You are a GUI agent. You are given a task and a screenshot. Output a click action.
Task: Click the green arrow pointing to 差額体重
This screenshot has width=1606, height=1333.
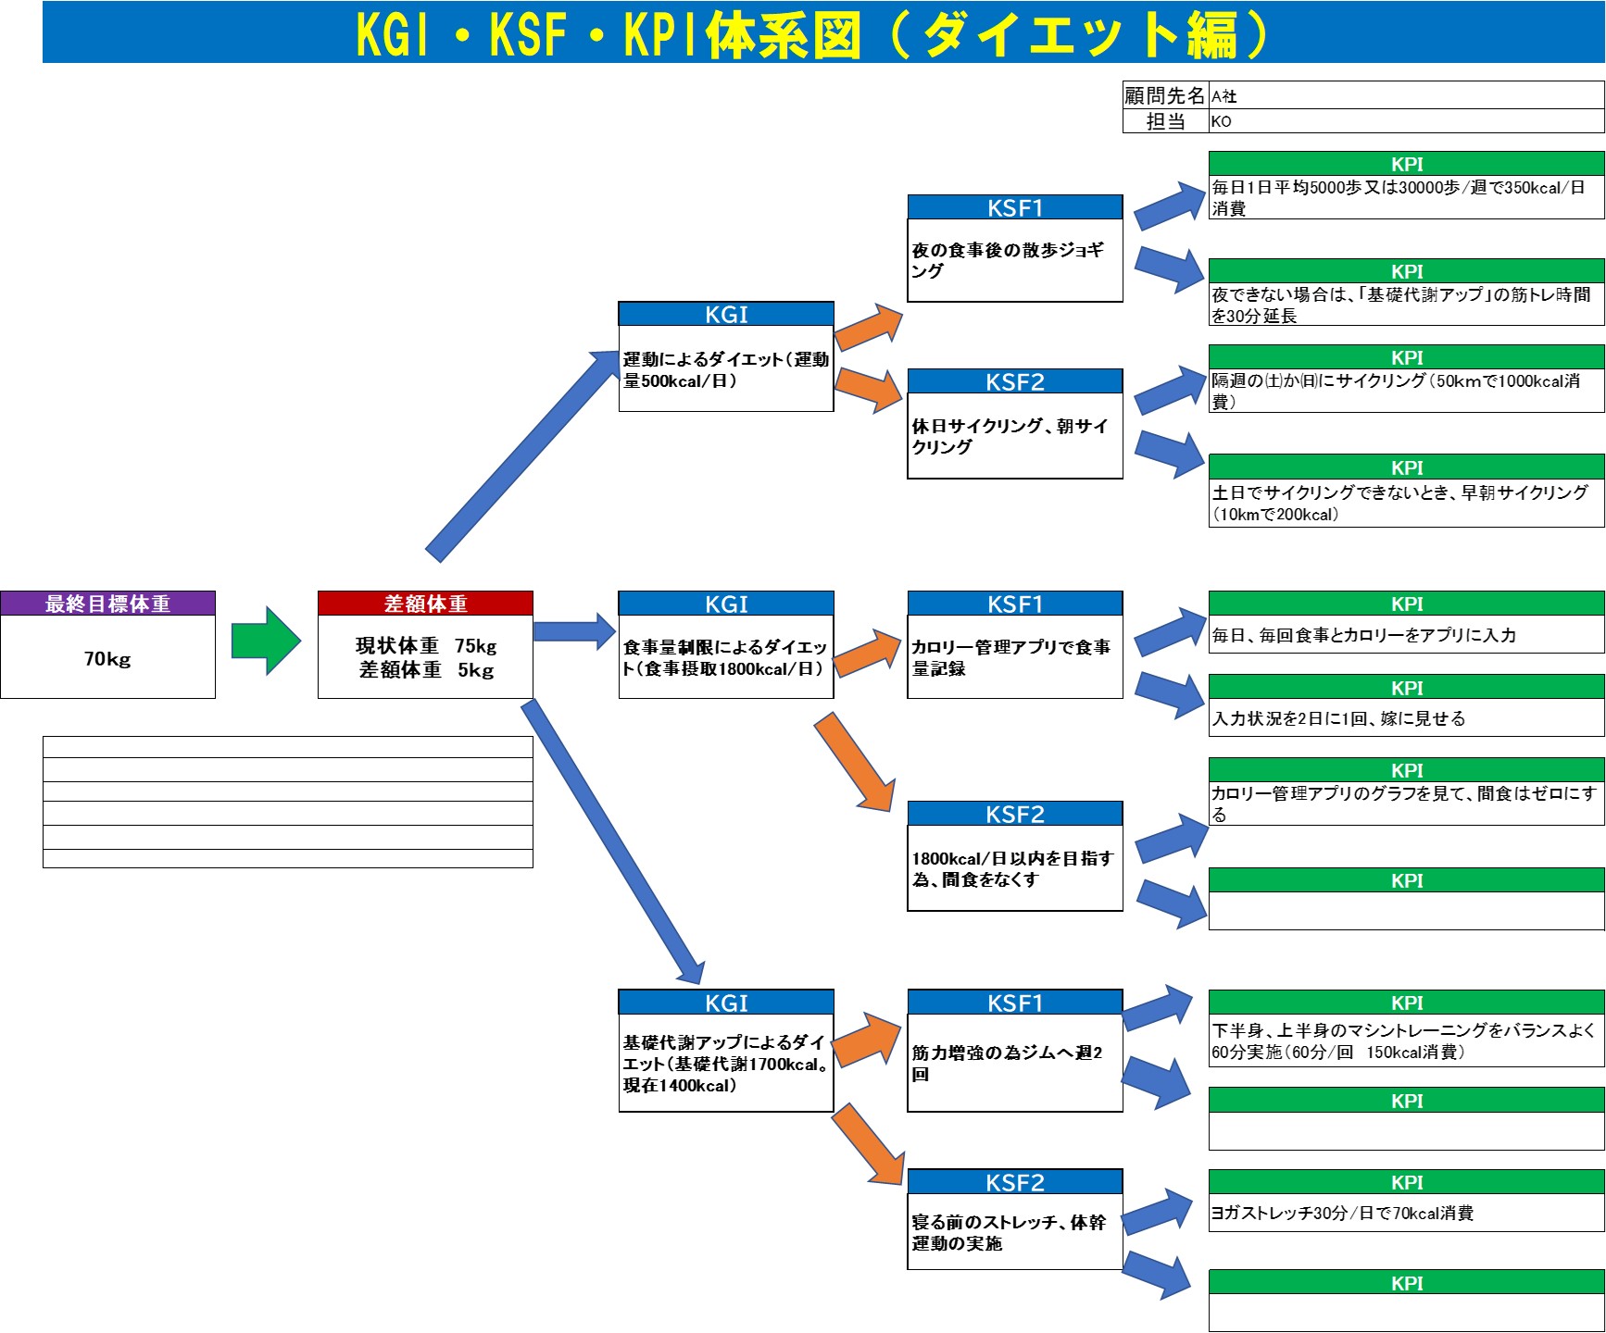tap(266, 641)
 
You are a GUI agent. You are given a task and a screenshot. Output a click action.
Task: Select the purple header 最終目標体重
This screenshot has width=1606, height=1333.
tap(107, 604)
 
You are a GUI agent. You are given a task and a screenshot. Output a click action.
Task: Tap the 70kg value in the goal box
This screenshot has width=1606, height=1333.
tap(107, 659)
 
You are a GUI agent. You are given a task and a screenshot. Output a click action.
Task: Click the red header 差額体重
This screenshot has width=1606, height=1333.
tap(425, 604)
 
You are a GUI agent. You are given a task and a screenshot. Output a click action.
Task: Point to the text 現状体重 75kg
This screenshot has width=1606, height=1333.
tap(425, 645)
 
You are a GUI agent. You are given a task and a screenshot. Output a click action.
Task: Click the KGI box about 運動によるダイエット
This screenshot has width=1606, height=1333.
tap(725, 369)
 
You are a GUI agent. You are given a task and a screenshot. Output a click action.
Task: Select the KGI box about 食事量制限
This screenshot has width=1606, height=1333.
tap(725, 657)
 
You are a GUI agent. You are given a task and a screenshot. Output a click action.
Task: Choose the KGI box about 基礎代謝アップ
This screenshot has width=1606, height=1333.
tap(725, 1064)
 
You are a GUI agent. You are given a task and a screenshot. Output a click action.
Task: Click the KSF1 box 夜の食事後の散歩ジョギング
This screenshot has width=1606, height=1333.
tap(1014, 260)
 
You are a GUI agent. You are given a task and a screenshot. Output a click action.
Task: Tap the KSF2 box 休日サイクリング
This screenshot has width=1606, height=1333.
tap(1014, 436)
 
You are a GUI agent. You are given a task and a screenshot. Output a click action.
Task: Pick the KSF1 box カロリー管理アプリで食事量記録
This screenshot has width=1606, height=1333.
tap(1014, 657)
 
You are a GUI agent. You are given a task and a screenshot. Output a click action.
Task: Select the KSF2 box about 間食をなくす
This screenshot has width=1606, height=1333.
tap(1014, 868)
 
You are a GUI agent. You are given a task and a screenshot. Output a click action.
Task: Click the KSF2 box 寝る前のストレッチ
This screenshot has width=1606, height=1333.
tap(1014, 1232)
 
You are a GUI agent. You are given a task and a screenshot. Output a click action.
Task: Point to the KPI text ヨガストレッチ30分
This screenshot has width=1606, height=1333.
tap(1342, 1213)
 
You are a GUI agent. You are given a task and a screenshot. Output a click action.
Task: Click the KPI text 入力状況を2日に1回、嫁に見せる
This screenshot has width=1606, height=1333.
tap(1338, 718)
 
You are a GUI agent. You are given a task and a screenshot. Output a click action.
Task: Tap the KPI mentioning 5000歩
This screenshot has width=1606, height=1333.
tap(1399, 197)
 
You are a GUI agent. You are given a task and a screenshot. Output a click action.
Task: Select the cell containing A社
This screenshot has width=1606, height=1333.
tap(1406, 95)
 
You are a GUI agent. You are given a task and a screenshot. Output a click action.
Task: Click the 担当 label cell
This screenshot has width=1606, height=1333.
tap(1165, 121)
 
